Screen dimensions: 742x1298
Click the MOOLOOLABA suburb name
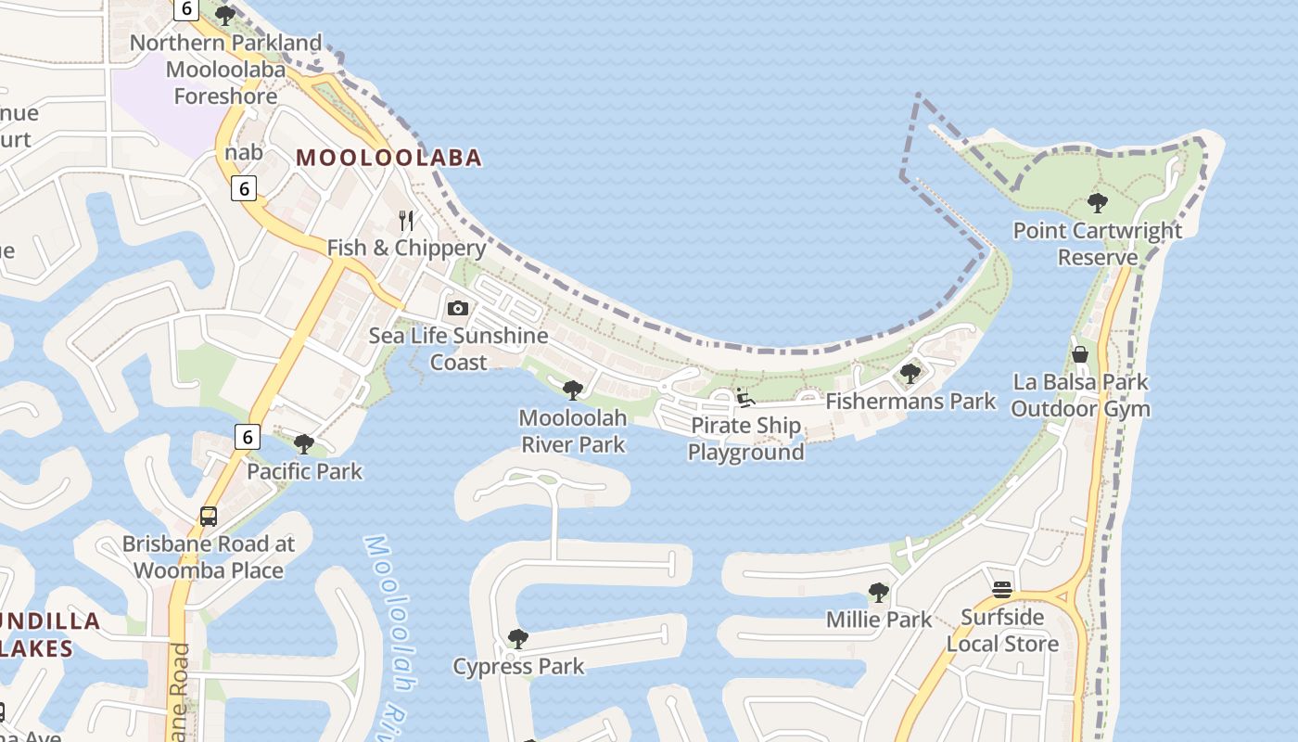tap(389, 158)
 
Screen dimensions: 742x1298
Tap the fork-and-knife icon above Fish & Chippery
tap(405, 220)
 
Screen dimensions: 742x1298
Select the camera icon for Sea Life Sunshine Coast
tap(458, 308)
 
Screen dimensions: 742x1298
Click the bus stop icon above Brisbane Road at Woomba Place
tap(209, 517)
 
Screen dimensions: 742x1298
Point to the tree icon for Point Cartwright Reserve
tap(1098, 202)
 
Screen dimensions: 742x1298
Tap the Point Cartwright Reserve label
tap(1098, 244)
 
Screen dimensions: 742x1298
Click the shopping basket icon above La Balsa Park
tap(1080, 354)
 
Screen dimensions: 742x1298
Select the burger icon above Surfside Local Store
tap(1001, 589)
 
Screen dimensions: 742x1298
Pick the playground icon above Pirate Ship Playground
tap(745, 398)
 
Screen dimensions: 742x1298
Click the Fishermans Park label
tap(910, 402)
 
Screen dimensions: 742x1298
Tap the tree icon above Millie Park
tap(878, 592)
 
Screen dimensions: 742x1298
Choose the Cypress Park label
tap(518, 666)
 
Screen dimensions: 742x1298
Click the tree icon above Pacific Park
tap(303, 443)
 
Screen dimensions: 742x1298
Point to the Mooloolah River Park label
tap(573, 431)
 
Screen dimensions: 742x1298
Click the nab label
tap(244, 152)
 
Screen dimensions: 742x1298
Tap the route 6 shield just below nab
tap(243, 188)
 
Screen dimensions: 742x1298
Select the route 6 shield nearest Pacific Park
tap(246, 436)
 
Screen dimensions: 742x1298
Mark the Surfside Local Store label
tap(1002, 631)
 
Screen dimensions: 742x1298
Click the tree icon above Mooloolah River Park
tap(573, 390)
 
